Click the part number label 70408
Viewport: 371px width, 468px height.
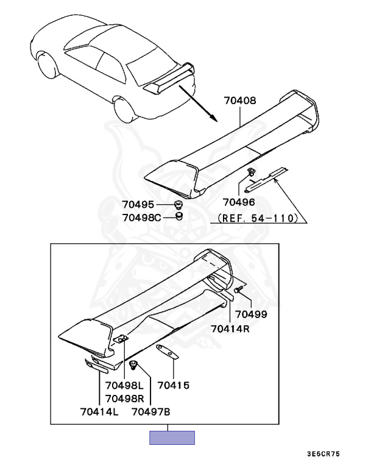(x=240, y=101)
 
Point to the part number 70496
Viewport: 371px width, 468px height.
(x=239, y=202)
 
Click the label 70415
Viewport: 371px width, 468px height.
(x=174, y=385)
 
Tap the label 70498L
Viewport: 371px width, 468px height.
(x=124, y=385)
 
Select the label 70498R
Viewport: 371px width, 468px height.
(x=124, y=398)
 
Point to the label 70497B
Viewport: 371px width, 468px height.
(x=150, y=412)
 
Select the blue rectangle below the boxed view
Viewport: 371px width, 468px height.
(x=173, y=438)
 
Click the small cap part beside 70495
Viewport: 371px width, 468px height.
(x=178, y=204)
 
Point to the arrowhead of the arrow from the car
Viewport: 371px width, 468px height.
(x=213, y=118)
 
